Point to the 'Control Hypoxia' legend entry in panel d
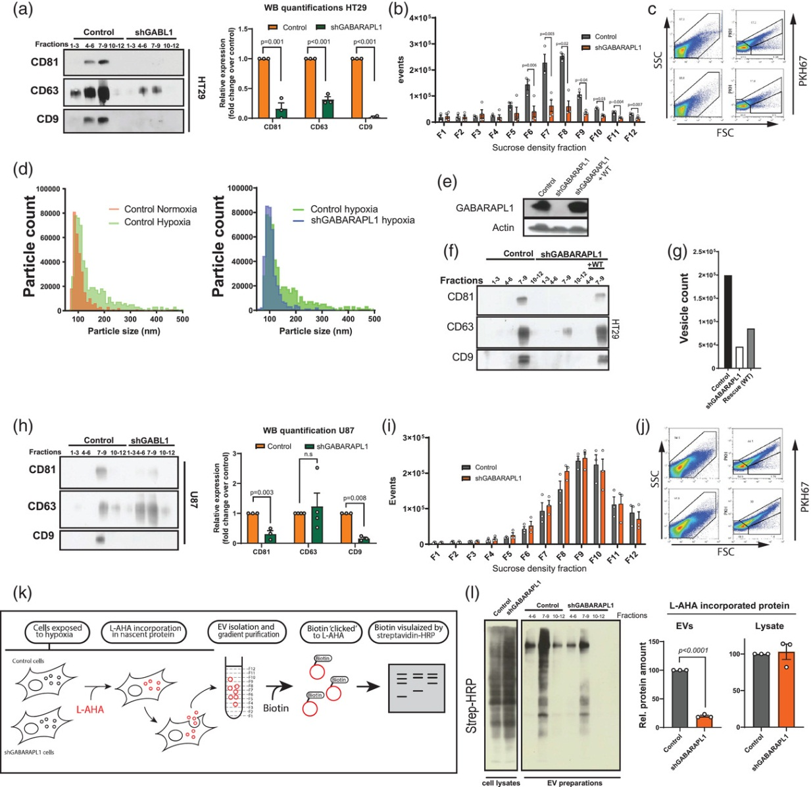click(157, 222)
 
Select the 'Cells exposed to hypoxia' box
click(57, 632)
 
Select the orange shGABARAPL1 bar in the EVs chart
click(704, 721)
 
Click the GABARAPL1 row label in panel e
click(485, 208)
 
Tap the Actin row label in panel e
click(503, 228)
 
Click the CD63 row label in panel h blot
click(41, 506)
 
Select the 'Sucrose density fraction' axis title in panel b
click(539, 148)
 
